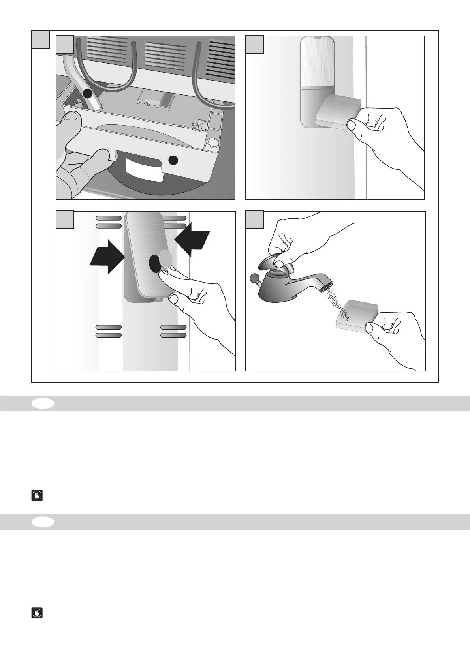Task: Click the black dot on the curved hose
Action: [x=87, y=94]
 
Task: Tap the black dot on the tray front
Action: [x=173, y=160]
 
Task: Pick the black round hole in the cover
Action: [x=155, y=263]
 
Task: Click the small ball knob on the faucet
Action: [x=254, y=279]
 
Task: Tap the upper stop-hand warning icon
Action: [x=37, y=495]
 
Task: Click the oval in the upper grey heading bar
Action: [x=43, y=403]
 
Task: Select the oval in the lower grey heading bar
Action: [x=43, y=522]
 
